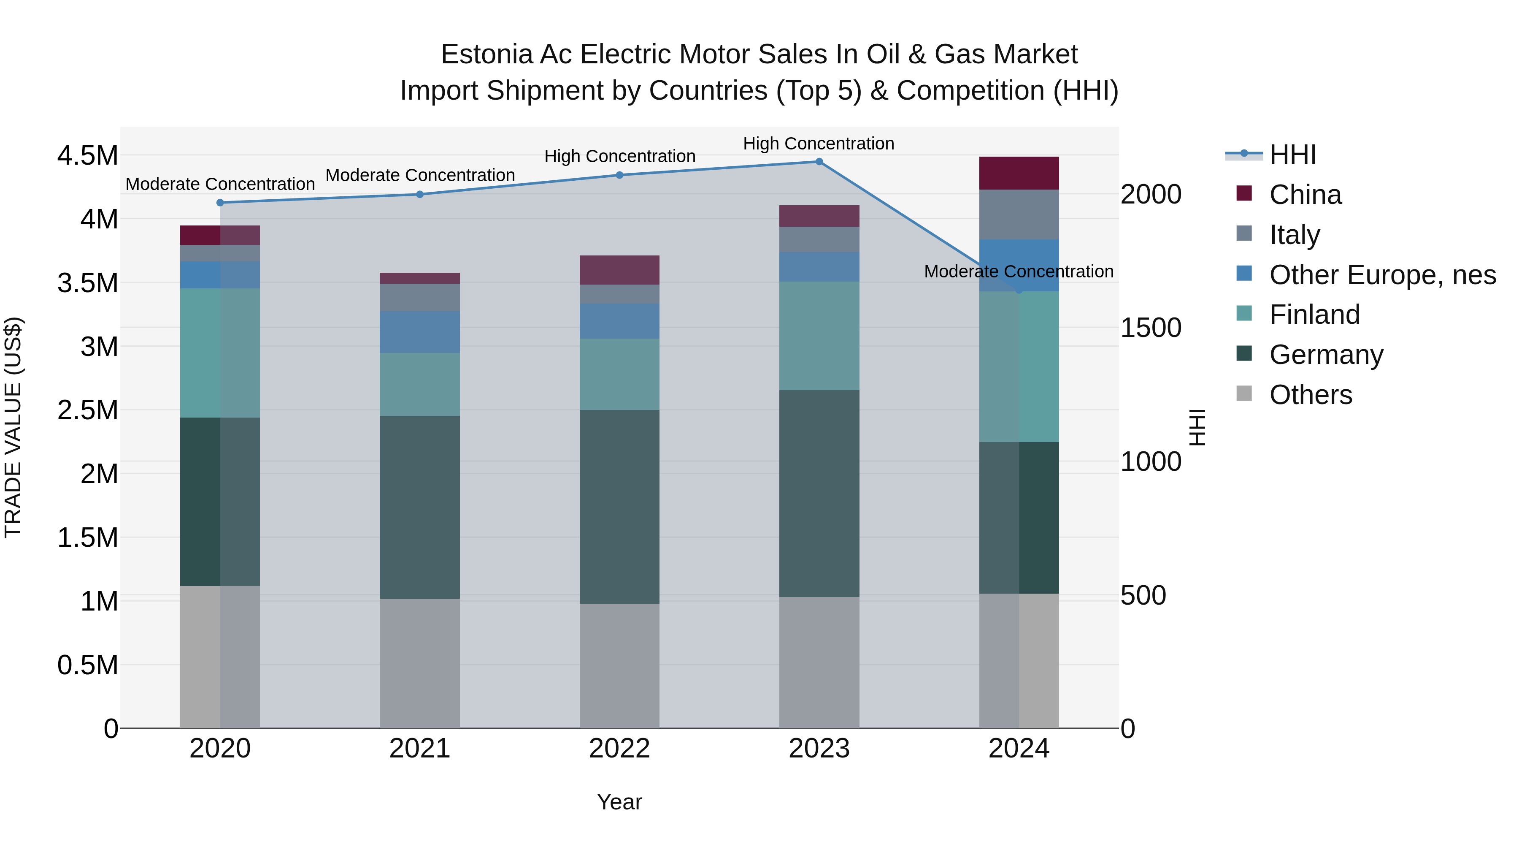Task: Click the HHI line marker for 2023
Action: pos(819,162)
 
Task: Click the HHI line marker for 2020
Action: pos(220,202)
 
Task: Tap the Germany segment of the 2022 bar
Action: pos(619,506)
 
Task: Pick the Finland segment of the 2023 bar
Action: pos(819,335)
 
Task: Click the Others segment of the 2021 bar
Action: pos(419,663)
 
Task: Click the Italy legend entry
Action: pos(1295,234)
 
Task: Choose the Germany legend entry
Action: pos(1326,355)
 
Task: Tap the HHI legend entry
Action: pos(1292,155)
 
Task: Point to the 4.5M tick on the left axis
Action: pos(87,156)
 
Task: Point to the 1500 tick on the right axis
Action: pos(1151,328)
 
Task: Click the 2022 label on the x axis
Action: pos(619,749)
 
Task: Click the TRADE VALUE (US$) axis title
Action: pos(13,427)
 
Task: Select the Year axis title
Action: pos(619,802)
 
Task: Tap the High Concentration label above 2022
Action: pos(619,156)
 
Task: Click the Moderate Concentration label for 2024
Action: pos(1019,271)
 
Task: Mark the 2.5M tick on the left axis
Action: pos(87,410)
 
